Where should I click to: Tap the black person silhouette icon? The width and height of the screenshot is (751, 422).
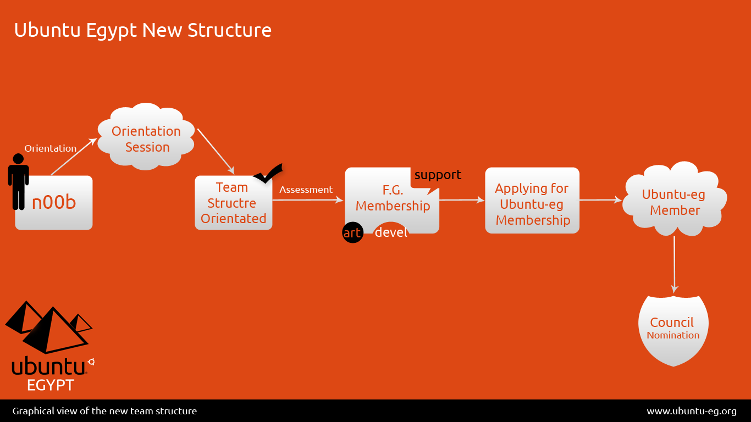click(19, 181)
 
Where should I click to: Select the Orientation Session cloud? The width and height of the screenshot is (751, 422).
click(146, 139)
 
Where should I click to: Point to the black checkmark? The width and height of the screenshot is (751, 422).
click(268, 174)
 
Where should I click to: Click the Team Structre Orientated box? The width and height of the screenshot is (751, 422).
click(233, 203)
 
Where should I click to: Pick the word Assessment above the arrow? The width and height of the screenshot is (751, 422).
click(306, 190)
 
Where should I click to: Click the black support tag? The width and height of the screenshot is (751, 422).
click(438, 175)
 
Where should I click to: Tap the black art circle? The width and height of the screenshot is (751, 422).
click(352, 233)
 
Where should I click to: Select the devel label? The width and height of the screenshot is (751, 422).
click(391, 232)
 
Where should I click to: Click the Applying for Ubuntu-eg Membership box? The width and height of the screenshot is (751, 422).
click(532, 204)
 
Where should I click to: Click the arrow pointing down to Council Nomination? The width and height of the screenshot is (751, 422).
click(674, 264)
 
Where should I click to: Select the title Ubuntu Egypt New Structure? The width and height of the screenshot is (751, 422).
click(142, 30)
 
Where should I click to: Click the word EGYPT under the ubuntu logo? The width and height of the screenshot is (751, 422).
click(50, 385)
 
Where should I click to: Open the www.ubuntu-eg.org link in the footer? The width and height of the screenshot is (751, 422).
click(691, 411)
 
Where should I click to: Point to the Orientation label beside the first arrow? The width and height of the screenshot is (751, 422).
click(51, 148)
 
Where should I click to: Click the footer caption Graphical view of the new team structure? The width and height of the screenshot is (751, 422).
click(104, 411)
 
